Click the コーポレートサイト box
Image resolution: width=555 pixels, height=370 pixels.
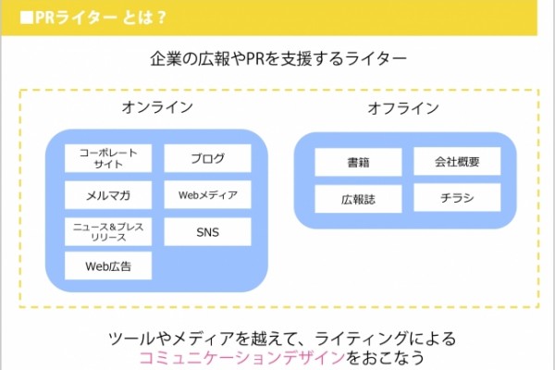(x=108, y=158)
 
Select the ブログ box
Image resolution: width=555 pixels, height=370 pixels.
(x=208, y=158)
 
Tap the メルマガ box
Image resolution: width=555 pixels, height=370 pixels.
(x=108, y=195)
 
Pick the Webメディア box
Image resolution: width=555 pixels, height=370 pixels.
(x=208, y=195)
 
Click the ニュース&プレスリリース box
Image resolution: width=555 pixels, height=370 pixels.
(x=108, y=232)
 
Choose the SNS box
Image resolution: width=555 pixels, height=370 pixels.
(x=208, y=232)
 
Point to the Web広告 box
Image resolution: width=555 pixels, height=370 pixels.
(x=108, y=265)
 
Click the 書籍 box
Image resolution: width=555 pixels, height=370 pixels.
(x=358, y=162)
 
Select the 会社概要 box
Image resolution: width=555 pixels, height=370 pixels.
(x=457, y=162)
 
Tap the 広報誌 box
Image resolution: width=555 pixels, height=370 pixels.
(x=358, y=199)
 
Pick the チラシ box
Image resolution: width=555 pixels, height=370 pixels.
(x=457, y=198)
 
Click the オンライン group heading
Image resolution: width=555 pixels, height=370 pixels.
(x=157, y=107)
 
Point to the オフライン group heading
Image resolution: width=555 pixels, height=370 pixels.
(x=403, y=108)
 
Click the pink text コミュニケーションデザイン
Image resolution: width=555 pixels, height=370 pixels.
(x=242, y=358)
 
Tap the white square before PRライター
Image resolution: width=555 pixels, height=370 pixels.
(x=27, y=18)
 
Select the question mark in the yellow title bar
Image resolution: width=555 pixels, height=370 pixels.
(x=162, y=18)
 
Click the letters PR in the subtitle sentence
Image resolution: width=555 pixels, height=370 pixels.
(x=255, y=59)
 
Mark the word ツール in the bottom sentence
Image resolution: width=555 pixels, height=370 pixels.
(x=131, y=339)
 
